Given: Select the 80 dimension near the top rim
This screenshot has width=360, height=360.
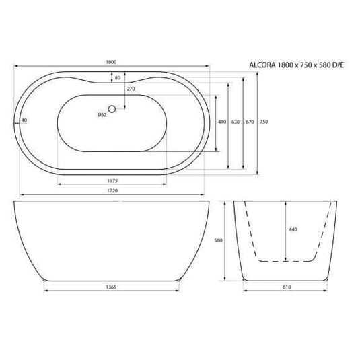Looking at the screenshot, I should [x=118, y=78].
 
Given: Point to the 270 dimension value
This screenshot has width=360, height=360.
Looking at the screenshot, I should [x=131, y=88].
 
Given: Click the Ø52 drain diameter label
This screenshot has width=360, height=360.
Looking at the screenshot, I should [x=102, y=114].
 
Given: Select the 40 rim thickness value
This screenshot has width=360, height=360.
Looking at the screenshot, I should [x=24, y=120].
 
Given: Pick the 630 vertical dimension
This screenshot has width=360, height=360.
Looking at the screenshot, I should [x=236, y=122].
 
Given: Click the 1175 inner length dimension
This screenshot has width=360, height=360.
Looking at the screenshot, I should [x=112, y=180].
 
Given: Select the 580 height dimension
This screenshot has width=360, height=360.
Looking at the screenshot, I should [x=217, y=240].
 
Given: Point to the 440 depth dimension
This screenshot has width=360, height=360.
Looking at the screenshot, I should [x=292, y=230].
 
